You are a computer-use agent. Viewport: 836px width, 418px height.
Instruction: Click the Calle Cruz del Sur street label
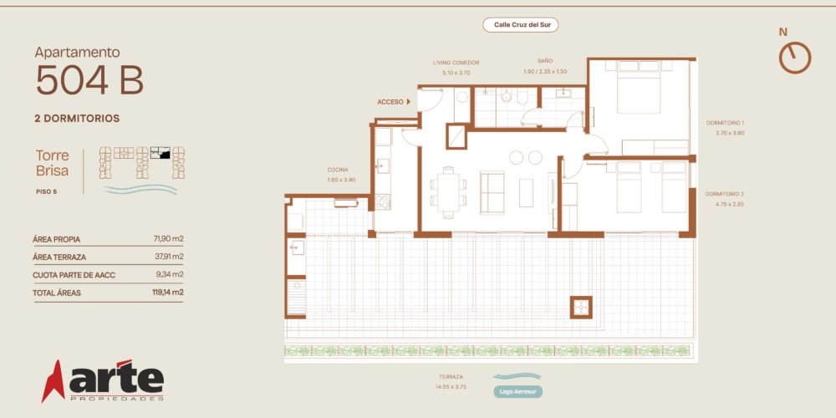coord(520,25)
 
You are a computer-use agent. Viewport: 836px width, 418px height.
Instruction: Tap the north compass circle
coord(795,58)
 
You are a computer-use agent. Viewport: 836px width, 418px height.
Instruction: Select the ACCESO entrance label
coord(390,101)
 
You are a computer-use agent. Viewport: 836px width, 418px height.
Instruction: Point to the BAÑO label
coord(545,61)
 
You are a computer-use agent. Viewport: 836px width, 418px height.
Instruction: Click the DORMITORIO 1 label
coord(725,123)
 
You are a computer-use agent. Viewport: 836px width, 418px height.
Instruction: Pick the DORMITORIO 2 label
coord(725,194)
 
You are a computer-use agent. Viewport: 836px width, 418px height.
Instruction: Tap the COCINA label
coord(338,170)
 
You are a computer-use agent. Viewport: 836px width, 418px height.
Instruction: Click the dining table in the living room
coord(448,192)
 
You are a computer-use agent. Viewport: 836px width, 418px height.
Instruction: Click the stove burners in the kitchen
coord(383,201)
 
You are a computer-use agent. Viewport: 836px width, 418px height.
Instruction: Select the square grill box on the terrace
coord(581,307)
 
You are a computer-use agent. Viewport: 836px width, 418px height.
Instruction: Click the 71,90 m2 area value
coord(169,239)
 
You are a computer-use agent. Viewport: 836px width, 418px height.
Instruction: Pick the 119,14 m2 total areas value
coord(168,292)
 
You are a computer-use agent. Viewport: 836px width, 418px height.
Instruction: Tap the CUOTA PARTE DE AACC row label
coord(74,275)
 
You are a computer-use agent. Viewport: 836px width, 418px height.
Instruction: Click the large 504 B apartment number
coord(89,80)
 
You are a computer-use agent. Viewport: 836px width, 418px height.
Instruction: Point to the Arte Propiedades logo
coord(103,380)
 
